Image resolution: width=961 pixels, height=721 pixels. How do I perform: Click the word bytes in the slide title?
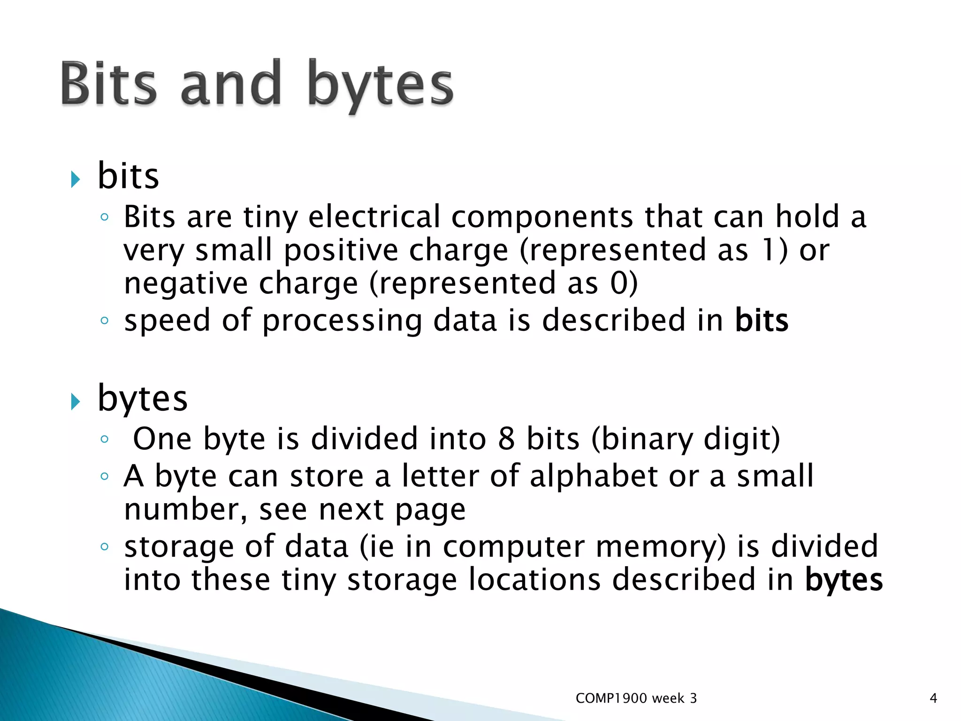(x=381, y=87)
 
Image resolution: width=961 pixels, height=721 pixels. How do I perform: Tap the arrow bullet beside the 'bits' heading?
(x=76, y=179)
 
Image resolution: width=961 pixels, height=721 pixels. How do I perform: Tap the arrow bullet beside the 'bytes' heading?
(x=76, y=401)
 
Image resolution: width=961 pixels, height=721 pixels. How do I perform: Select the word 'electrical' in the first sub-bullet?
(x=374, y=217)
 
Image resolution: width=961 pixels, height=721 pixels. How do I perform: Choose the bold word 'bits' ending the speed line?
(x=761, y=321)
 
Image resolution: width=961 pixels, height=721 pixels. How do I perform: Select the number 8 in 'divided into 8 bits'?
(x=506, y=439)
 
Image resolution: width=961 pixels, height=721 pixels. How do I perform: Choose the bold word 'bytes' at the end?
(x=844, y=581)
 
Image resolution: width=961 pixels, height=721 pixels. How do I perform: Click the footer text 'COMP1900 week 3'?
(x=636, y=698)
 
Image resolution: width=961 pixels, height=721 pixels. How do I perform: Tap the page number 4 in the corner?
(x=933, y=698)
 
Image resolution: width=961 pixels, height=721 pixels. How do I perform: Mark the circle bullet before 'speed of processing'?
(x=105, y=321)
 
